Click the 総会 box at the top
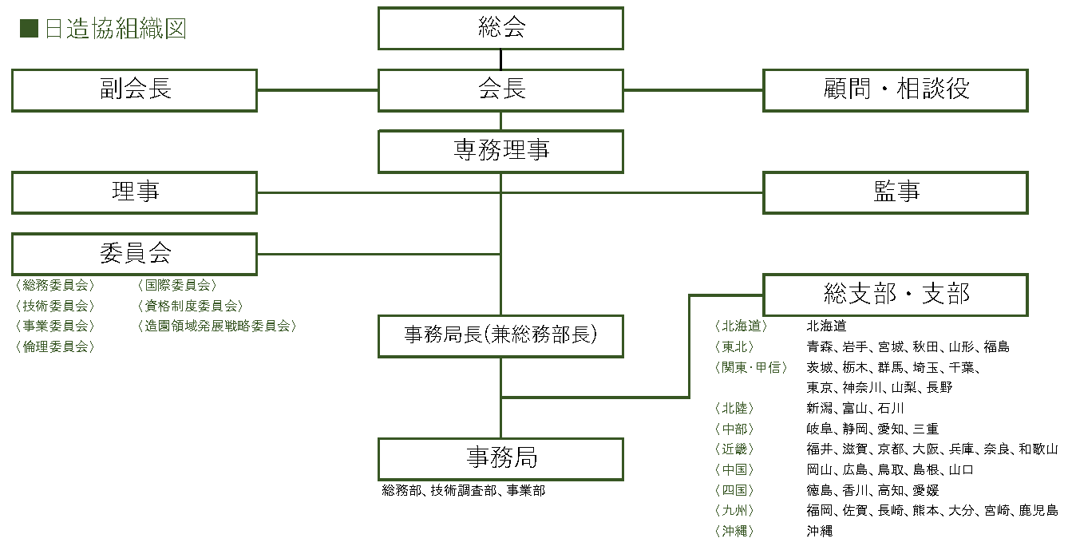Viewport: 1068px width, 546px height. (x=500, y=29)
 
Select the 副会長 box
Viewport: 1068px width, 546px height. (x=134, y=89)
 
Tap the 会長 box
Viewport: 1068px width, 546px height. (x=500, y=89)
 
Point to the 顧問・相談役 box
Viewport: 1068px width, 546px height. (x=896, y=89)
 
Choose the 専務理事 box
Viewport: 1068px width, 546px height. (x=500, y=151)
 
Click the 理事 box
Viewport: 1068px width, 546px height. (x=134, y=192)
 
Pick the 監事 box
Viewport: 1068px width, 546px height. (x=896, y=192)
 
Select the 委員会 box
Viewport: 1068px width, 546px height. (x=134, y=254)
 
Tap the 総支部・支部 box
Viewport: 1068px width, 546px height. (x=896, y=295)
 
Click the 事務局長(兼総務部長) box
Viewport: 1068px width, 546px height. (x=500, y=336)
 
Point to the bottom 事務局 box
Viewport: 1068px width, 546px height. (x=500, y=459)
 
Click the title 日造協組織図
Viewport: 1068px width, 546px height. (x=115, y=30)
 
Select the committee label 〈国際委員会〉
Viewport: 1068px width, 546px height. (x=176, y=285)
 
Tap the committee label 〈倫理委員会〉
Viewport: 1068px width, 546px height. (x=55, y=346)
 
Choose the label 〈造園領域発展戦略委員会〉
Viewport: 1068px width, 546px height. (x=216, y=326)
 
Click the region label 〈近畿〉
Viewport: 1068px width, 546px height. (x=734, y=449)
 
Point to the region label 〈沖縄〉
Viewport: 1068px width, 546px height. (x=734, y=531)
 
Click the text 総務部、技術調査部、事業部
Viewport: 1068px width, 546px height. (x=464, y=491)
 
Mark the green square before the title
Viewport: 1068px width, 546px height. (x=29, y=30)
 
